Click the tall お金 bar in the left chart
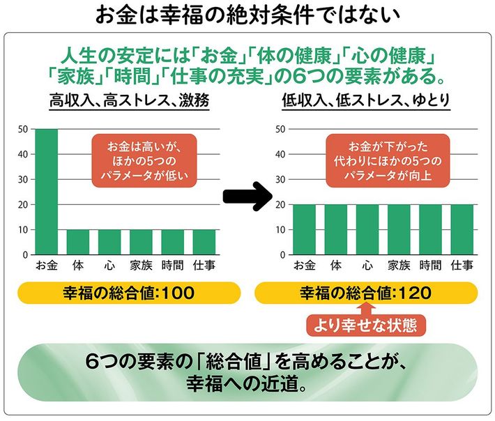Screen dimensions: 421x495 [x=47, y=192]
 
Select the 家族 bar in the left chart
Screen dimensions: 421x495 [x=141, y=242]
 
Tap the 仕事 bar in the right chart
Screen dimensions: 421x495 [x=462, y=229]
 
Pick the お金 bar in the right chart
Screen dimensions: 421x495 [x=304, y=229]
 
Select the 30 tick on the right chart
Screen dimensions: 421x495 [x=281, y=180]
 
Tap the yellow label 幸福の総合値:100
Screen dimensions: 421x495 [x=125, y=293]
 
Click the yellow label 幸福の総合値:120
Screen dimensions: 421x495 [x=363, y=293]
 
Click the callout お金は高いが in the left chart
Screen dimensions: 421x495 [x=144, y=161]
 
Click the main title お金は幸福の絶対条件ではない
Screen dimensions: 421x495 [x=247, y=15]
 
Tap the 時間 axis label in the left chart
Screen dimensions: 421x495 [x=172, y=265]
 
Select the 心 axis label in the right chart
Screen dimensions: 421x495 [x=367, y=265]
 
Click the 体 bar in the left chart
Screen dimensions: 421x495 [x=78, y=242]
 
